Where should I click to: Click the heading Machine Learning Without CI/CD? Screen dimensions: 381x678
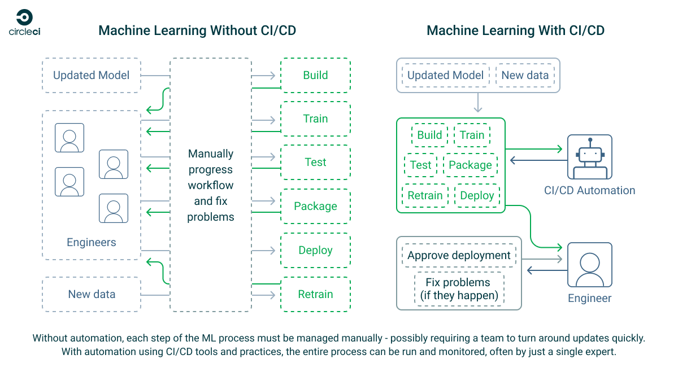coord(197,30)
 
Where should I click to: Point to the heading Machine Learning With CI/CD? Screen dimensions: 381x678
coord(515,30)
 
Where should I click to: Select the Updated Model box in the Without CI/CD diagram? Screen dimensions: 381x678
coord(91,75)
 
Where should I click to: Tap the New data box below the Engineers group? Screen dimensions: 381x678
coord(91,294)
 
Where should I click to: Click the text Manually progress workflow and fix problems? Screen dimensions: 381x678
coord(211,185)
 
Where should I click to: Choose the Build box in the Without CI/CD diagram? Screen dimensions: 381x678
coord(315,75)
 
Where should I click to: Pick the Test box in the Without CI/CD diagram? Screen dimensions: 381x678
coord(315,163)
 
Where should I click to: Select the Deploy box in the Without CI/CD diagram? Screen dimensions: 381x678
coord(315,251)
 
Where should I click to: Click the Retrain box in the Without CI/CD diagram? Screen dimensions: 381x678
coord(315,294)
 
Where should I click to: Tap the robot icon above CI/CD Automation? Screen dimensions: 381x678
coord(590,157)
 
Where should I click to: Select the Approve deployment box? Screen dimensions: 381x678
coord(459,256)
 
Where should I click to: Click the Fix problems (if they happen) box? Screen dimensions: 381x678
coord(459,289)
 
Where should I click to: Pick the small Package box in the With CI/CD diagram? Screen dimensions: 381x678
coord(470,165)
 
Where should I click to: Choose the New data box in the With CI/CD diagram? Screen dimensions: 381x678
coord(525,75)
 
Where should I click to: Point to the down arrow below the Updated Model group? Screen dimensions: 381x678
coord(478,103)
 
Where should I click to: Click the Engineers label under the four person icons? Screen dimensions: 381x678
coord(91,243)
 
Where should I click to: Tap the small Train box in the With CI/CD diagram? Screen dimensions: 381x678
coord(472,135)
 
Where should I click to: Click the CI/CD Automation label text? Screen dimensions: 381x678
coord(589,191)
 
